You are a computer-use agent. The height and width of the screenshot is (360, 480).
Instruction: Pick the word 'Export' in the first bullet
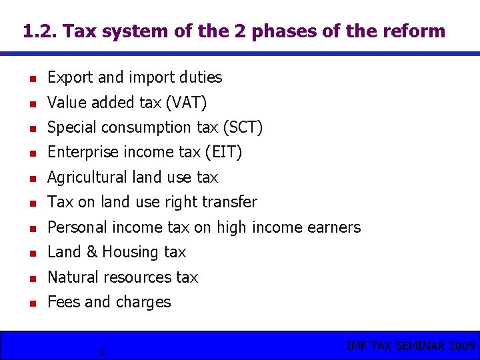(70, 77)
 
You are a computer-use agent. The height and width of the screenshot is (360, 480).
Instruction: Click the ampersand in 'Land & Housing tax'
(91, 252)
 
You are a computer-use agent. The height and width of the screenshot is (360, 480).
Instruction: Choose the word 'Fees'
(64, 302)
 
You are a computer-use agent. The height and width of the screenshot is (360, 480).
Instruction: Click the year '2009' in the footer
(461, 345)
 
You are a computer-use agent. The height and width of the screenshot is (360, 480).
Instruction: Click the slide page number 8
(101, 353)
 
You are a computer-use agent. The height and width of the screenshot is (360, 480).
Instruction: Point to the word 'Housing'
(131, 253)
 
